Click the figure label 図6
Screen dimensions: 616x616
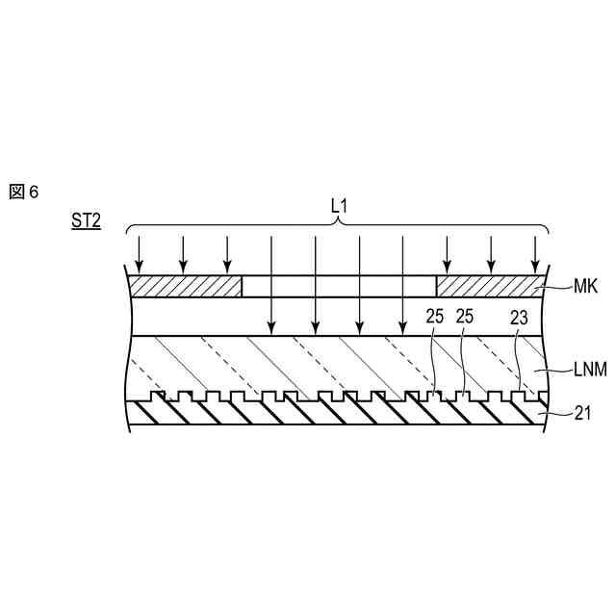tap(24, 192)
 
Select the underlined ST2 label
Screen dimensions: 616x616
tap(85, 220)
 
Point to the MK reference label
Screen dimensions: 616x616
tap(585, 286)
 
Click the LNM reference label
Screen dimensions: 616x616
tap(590, 369)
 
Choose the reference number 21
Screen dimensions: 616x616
tap(582, 413)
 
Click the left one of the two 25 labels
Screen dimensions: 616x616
tap(434, 316)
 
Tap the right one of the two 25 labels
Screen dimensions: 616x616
tap(466, 316)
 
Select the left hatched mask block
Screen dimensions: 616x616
tap(186, 286)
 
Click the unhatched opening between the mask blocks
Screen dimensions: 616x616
tap(339, 286)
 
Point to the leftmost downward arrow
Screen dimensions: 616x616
tap(139, 252)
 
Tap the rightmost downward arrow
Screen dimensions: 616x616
tap(536, 252)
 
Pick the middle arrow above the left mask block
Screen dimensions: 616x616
tap(183, 252)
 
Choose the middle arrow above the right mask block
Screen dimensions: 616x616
tap(491, 252)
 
